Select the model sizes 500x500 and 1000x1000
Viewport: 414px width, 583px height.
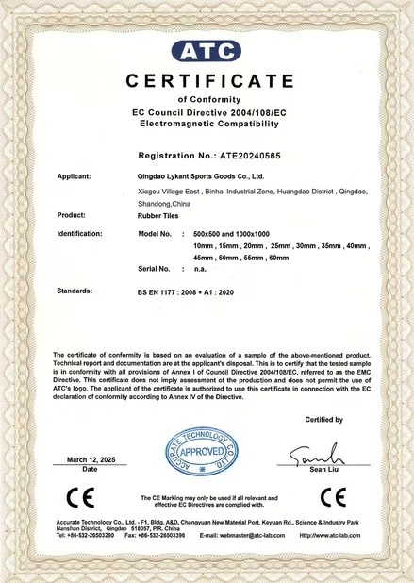pos(231,232)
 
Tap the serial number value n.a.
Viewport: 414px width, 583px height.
pos(199,269)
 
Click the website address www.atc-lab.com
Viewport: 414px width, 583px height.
pos(330,534)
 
